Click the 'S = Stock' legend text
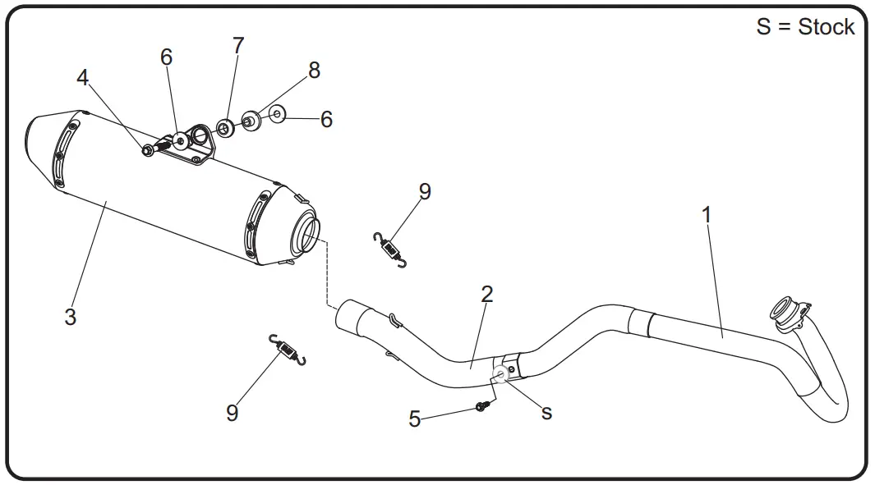[x=805, y=27]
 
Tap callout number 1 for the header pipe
[x=706, y=215]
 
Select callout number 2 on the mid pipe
[x=487, y=294]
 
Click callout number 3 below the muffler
[x=71, y=317]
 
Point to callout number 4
[x=82, y=77]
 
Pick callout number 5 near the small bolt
[x=415, y=419]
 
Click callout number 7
[x=238, y=46]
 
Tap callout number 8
[x=314, y=71]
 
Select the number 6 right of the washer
[x=326, y=120]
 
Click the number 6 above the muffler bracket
[x=167, y=57]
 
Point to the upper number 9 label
[x=425, y=191]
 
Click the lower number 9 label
[x=233, y=413]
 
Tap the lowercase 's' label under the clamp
[x=547, y=413]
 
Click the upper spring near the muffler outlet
[x=389, y=249]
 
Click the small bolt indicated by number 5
[x=482, y=405]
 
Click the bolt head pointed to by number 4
[x=148, y=150]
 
